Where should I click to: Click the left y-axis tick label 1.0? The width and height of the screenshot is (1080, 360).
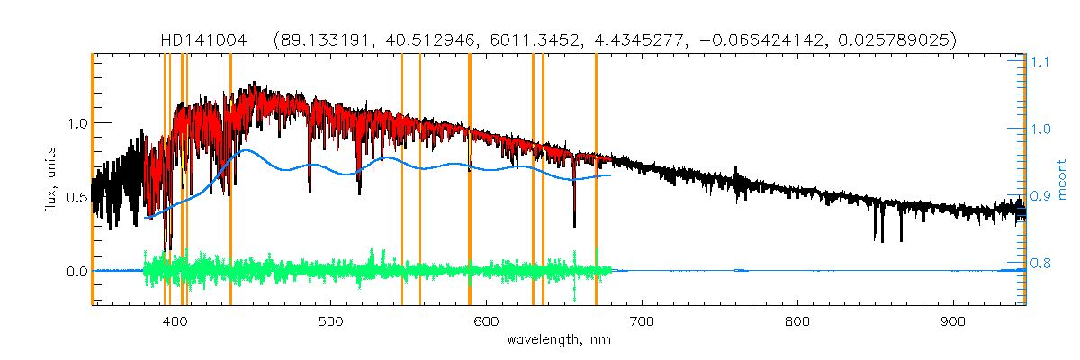pyautogui.click(x=76, y=123)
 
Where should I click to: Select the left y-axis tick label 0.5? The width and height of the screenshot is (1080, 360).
pyautogui.click(x=76, y=197)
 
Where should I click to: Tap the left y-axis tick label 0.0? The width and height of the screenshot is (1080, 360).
pyautogui.click(x=76, y=271)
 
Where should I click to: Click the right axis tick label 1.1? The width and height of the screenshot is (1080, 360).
pyautogui.click(x=1040, y=63)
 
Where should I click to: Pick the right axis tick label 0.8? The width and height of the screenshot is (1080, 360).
pyautogui.click(x=1040, y=264)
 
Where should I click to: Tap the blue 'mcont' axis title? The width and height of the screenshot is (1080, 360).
pyautogui.click(x=1064, y=180)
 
